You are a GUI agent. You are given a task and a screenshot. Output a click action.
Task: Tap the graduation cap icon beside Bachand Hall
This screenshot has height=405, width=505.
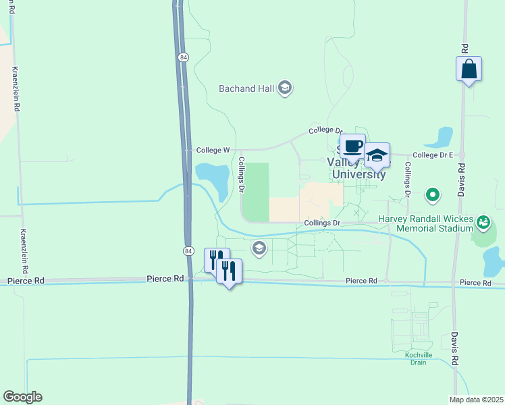tap(284, 88)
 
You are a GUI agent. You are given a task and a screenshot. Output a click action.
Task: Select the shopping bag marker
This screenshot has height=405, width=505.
tap(469, 70)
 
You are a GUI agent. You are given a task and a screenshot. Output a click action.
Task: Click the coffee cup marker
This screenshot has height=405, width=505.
tap(352, 146)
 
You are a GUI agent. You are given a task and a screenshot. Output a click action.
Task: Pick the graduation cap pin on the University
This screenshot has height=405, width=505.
tap(377, 155)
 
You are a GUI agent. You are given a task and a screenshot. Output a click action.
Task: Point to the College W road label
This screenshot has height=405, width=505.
tap(213, 150)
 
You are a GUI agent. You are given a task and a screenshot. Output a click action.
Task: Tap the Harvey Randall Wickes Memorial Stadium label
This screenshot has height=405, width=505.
tap(425, 223)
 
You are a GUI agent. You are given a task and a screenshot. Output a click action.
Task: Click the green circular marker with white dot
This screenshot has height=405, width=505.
tap(433, 196)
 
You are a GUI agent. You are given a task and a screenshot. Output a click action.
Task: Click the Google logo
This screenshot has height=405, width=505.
tap(22, 397)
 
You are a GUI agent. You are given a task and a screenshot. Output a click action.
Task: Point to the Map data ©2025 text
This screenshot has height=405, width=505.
tap(476, 400)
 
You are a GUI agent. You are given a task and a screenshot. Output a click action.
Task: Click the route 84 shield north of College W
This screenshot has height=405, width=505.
tap(184, 58)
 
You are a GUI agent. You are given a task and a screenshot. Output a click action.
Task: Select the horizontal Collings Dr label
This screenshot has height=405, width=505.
tap(321, 223)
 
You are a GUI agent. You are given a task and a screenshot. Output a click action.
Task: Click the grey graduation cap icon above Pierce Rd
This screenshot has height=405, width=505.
tap(259, 249)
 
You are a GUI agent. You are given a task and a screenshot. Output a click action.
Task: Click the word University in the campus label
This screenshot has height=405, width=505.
tap(358, 175)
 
